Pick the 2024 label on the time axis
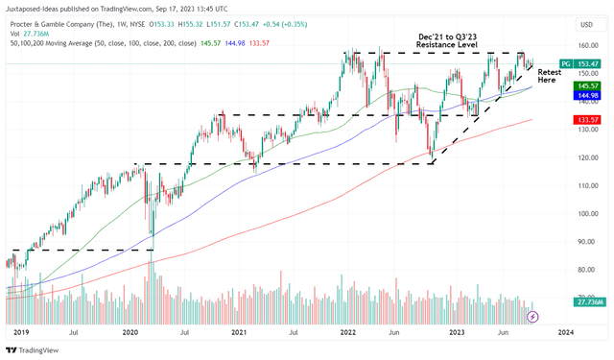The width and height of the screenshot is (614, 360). click(x=565, y=331)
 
